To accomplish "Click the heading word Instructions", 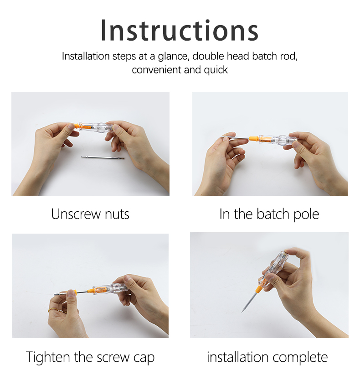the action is [x=180, y=30].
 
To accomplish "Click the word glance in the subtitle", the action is [x=173, y=57].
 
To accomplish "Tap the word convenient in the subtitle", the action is [x=157, y=70].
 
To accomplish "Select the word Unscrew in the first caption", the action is [x=76, y=214].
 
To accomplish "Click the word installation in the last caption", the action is [x=238, y=357].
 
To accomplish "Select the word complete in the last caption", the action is [x=300, y=358].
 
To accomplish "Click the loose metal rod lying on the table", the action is [x=103, y=157].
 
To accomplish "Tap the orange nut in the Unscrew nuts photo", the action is [x=76, y=126].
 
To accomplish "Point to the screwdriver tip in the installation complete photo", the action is [x=242, y=312].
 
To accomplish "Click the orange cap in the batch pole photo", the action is [x=253, y=139].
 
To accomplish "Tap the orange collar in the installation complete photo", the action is [x=259, y=289].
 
